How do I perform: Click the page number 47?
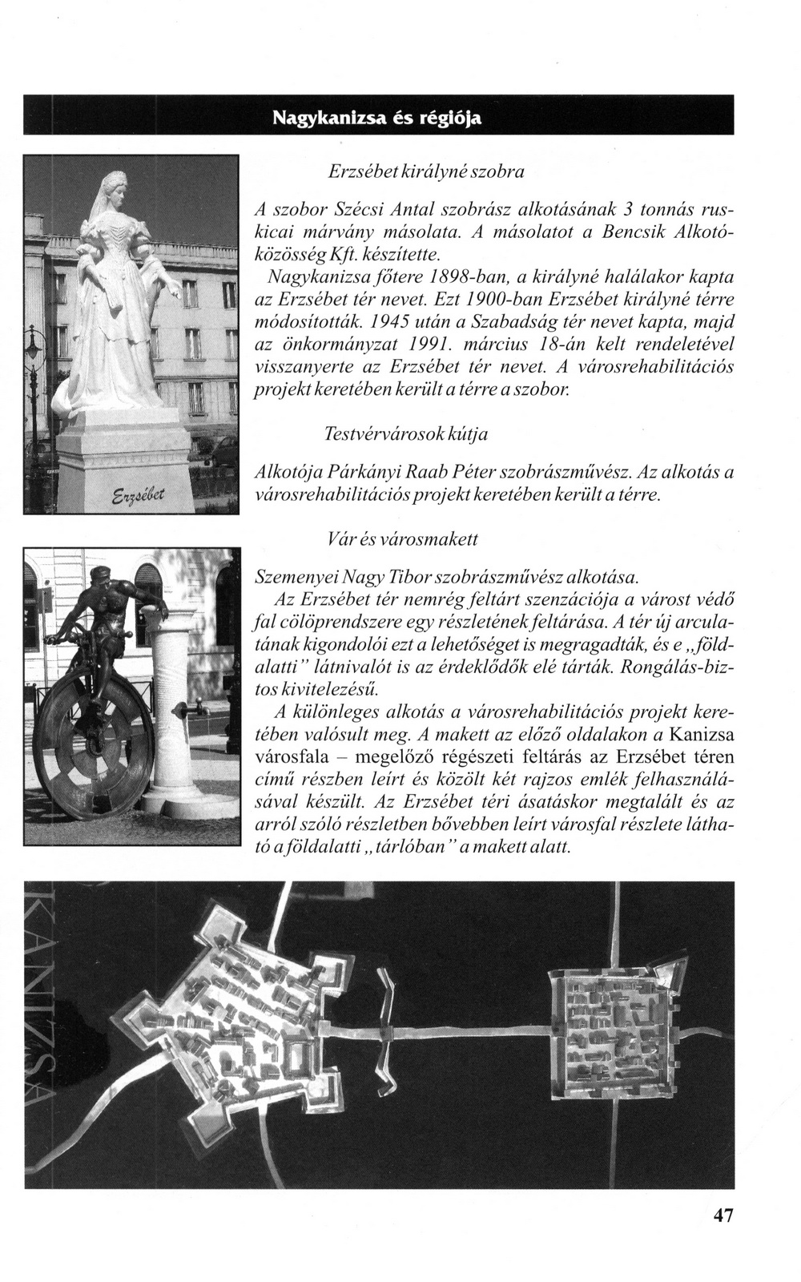(x=723, y=1236)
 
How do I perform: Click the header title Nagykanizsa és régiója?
(x=377, y=119)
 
